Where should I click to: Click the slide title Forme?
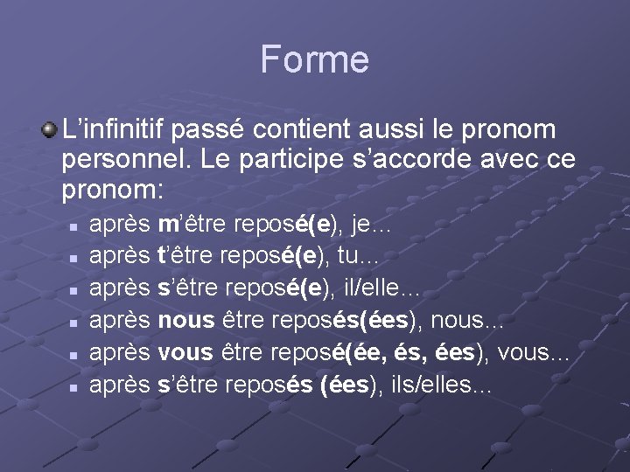point(314,59)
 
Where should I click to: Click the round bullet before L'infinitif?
point(50,129)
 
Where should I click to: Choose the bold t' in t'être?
point(162,256)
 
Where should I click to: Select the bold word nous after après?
point(185,320)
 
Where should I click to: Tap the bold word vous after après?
point(185,352)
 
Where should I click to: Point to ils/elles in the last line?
point(440,384)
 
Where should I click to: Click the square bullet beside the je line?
point(76,226)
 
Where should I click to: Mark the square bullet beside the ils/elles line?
point(76,385)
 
